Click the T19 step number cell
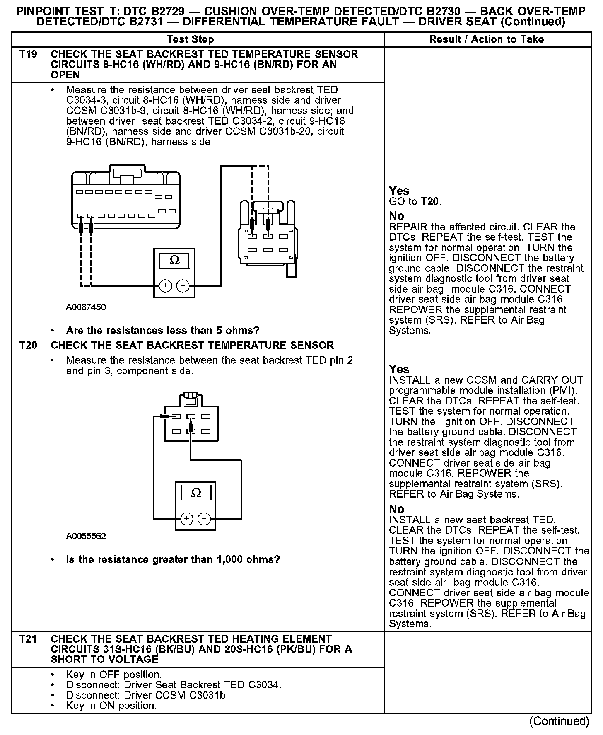28,54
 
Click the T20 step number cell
28,345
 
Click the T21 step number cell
28,639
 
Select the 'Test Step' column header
190,40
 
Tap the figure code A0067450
86,307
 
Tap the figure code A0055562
86,536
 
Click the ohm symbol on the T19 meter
174,261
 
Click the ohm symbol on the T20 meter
196,493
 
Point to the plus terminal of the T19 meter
165,285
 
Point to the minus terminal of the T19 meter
183,285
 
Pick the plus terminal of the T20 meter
187,519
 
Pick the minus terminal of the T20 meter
204,519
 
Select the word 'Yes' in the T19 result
399,191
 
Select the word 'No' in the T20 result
396,509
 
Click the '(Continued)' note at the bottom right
559,721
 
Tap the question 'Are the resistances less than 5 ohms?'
162,331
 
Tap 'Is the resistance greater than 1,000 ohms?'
173,560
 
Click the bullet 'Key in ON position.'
111,706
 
